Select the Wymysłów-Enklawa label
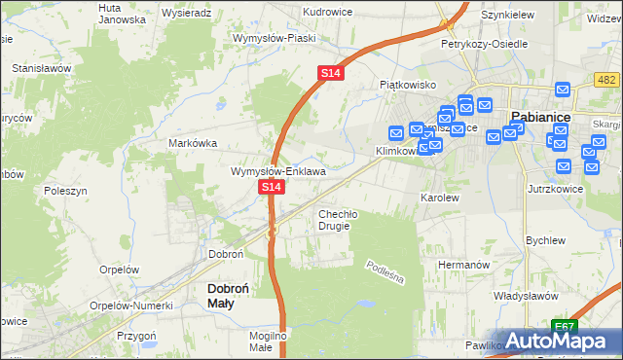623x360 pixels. pyautogui.click(x=277, y=171)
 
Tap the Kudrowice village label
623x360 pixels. pyautogui.click(x=300, y=13)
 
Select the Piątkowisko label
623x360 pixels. pyautogui.click(x=407, y=85)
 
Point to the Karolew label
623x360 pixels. pyautogui.click(x=438, y=197)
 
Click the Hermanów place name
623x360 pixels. pyautogui.click(x=460, y=265)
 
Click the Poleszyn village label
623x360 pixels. pyautogui.click(x=65, y=192)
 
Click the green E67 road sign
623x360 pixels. pyautogui.click(x=563, y=325)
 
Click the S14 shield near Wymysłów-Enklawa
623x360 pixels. pyautogui.click(x=271, y=186)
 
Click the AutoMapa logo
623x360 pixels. pyautogui.click(x=559, y=342)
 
